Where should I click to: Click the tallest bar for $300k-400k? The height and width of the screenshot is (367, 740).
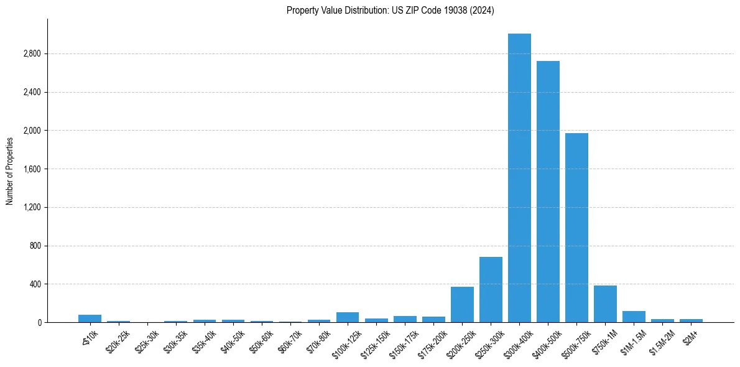[x=519, y=178]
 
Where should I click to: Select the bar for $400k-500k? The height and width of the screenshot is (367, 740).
[x=548, y=192]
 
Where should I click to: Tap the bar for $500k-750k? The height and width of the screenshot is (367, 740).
[x=576, y=228]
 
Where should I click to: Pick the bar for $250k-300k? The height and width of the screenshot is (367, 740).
[x=491, y=290]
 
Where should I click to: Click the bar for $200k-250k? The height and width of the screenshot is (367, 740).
[x=462, y=305]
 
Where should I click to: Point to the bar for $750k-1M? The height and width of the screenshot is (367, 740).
[x=605, y=304]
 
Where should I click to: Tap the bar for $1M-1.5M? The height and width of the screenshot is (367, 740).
[x=634, y=317]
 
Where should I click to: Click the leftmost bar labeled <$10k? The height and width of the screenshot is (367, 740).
[x=90, y=318]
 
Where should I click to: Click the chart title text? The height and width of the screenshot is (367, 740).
[x=391, y=11]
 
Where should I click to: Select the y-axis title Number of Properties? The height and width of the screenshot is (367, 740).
[x=10, y=170]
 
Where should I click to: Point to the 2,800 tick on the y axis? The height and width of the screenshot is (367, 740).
[x=31, y=54]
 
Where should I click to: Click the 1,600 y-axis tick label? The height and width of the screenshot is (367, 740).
[x=31, y=169]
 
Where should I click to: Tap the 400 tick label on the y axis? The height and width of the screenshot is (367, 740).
[x=34, y=284]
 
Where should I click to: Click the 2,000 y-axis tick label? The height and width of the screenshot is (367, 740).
[x=31, y=131]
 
